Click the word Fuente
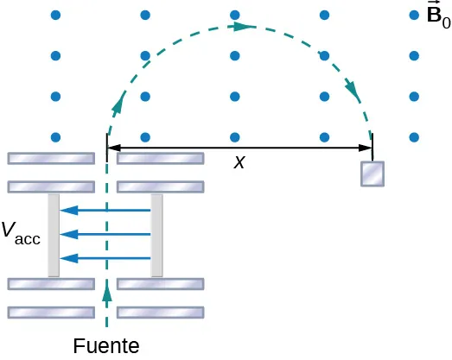pyautogui.click(x=106, y=346)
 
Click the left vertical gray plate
pyautogui.click(x=54, y=235)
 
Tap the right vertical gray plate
pyautogui.click(x=156, y=235)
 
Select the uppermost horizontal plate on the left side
pyautogui.click(x=51, y=158)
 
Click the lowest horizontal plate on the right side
pyautogui.click(x=161, y=312)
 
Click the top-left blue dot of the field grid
pyautogui.click(x=56, y=15)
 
